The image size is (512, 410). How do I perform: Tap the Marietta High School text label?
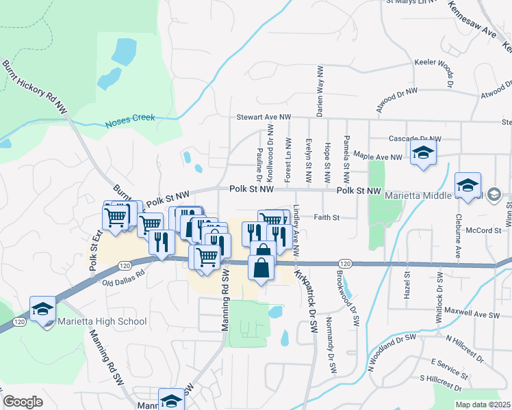(102, 321)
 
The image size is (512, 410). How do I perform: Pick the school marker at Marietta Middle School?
(469, 185)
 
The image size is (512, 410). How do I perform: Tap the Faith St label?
(327, 218)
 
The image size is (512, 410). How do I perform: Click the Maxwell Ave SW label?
(472, 314)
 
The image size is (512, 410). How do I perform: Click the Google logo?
(23, 402)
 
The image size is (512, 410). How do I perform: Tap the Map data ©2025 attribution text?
(483, 405)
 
